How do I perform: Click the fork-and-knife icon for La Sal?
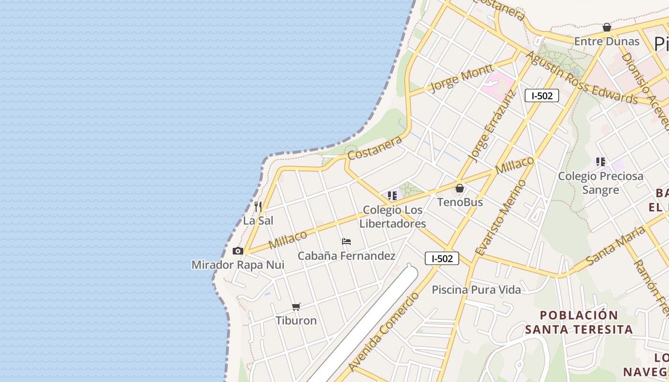coord(258,206)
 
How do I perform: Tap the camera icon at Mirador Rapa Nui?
coord(237,251)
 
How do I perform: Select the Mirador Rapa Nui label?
coord(238,265)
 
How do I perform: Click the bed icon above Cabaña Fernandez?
coord(346,242)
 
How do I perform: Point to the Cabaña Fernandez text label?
coord(346,256)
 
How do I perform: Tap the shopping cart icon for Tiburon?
coord(296,307)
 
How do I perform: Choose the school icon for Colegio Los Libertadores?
coord(392,195)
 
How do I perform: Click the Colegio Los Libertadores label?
coord(393,217)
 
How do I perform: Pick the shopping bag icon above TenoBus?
coord(460,188)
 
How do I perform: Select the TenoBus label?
coord(460,202)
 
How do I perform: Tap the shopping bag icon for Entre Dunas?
coord(607,27)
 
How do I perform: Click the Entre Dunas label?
coord(607,41)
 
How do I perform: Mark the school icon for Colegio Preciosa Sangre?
coord(601,162)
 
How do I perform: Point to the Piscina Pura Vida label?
coord(476,289)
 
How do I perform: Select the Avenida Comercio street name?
coord(384,332)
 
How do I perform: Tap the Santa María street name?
coord(615,245)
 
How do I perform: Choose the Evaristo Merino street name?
coord(501,218)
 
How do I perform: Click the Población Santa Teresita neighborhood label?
coord(579,322)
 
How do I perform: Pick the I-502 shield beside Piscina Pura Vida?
coord(442,258)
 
